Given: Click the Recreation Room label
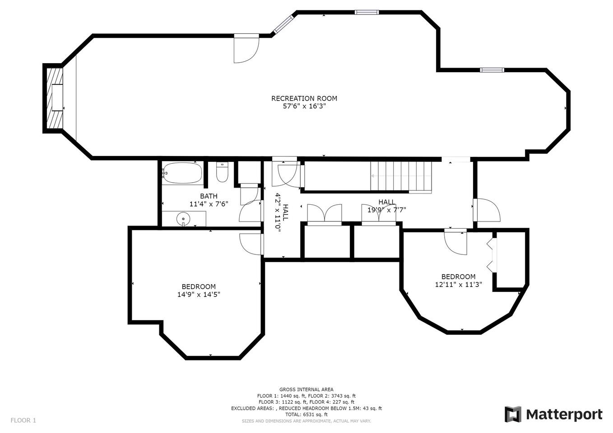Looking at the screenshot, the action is (304, 98).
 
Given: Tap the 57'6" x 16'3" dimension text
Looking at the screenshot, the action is (304, 106).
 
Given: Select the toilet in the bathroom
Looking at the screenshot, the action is (222, 172).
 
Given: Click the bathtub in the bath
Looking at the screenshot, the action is (182, 173).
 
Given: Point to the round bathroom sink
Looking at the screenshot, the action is (183, 218).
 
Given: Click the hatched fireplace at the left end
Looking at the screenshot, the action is (55, 98).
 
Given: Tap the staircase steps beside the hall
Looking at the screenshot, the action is (401, 176).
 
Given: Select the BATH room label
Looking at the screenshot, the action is (209, 196).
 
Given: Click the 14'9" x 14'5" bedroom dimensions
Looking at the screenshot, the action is (199, 295).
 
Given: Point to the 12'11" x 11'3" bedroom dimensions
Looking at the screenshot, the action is (458, 285).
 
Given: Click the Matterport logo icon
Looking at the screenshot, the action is (513, 414).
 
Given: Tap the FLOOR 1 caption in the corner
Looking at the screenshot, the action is (23, 420).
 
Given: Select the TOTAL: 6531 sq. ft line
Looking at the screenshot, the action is (306, 415).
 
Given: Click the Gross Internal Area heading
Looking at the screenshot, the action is (306, 390).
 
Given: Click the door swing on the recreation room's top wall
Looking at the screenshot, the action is (246, 48).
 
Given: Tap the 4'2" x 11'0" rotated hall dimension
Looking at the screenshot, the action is (281, 213).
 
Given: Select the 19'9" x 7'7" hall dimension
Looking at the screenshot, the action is (386, 210).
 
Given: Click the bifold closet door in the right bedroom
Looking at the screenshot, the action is (492, 255).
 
